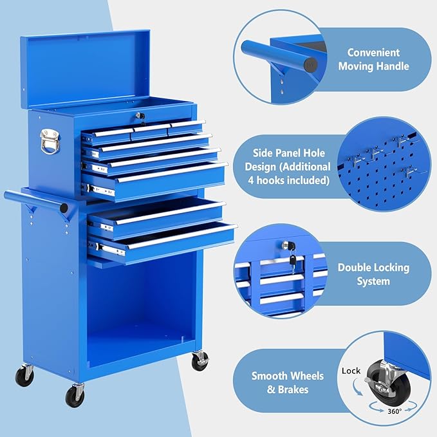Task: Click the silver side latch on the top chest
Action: (49, 141)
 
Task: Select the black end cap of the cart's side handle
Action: (64, 209)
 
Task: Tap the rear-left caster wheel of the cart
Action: (25, 375)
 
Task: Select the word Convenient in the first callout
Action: (373, 53)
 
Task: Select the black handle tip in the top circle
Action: (311, 65)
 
